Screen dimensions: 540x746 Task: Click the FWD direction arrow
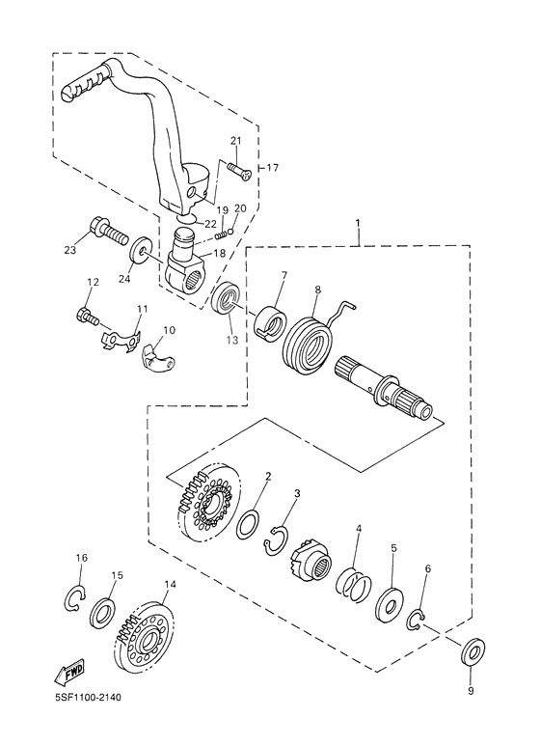click(69, 672)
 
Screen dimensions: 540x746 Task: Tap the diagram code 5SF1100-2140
click(88, 697)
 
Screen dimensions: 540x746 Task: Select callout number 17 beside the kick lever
click(272, 168)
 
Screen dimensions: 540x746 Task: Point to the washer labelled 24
click(141, 248)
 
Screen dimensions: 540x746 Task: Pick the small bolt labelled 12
click(88, 317)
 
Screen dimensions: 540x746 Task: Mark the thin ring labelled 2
click(248, 524)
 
